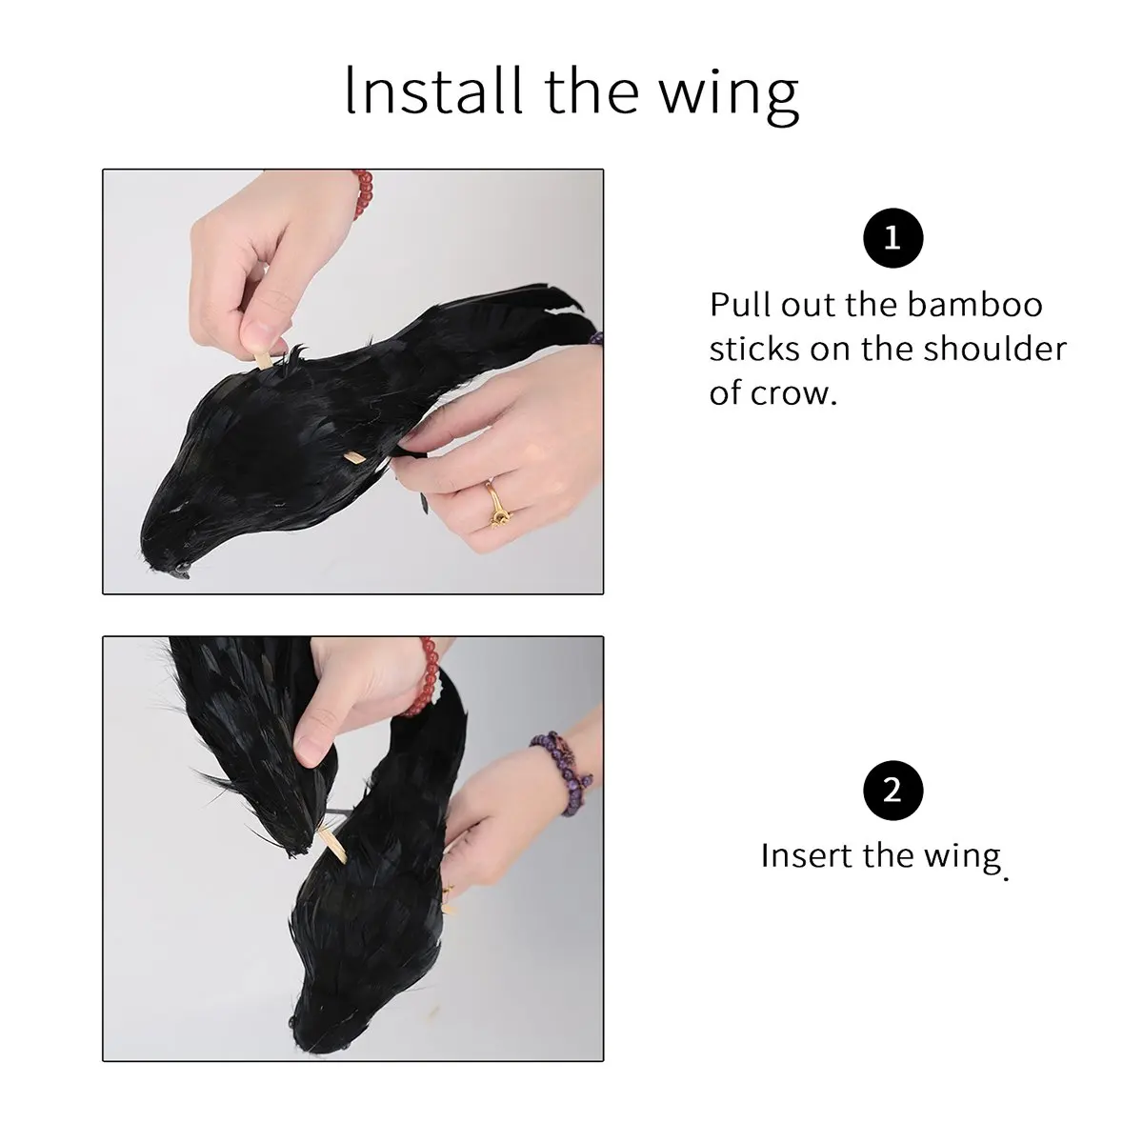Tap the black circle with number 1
click(x=892, y=238)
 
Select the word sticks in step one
click(x=754, y=349)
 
